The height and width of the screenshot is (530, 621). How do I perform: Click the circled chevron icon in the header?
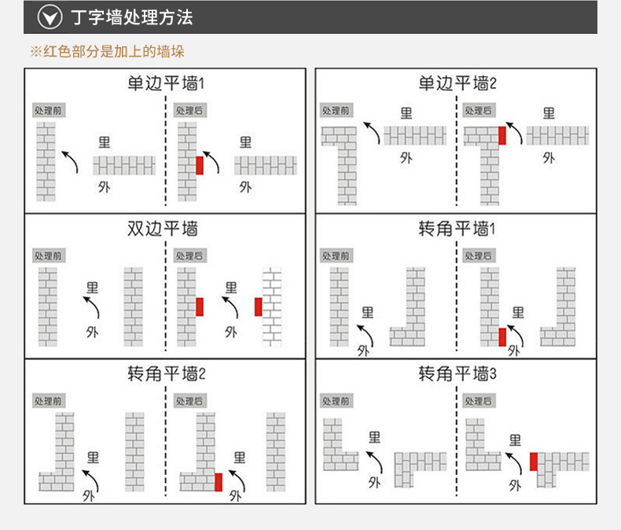pos(50,17)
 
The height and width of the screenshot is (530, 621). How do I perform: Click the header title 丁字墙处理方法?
pos(132,17)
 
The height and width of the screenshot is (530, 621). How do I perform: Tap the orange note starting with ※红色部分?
pos(107,52)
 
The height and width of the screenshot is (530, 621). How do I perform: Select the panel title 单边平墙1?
pos(165,83)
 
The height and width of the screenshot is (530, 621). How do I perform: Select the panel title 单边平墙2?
pos(457,83)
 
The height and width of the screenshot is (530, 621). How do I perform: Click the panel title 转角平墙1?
pos(457,229)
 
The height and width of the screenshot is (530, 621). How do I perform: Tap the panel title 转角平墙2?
pos(165,374)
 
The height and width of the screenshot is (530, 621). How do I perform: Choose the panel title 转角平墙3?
pos(457,374)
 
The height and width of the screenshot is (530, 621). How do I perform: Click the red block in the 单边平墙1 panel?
pos(200,165)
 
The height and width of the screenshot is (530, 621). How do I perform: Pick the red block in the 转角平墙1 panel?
pos(502,337)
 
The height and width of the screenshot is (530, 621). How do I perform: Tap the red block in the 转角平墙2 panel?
pos(219,481)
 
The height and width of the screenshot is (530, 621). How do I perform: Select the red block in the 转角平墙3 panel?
pos(534,462)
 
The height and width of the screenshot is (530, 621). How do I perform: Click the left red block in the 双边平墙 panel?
pos(200,307)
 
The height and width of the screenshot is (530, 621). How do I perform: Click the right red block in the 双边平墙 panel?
pos(258,307)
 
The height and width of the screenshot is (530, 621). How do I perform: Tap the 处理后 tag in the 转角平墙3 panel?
pos(478,401)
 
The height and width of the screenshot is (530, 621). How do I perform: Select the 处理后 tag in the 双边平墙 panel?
pos(189,256)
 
